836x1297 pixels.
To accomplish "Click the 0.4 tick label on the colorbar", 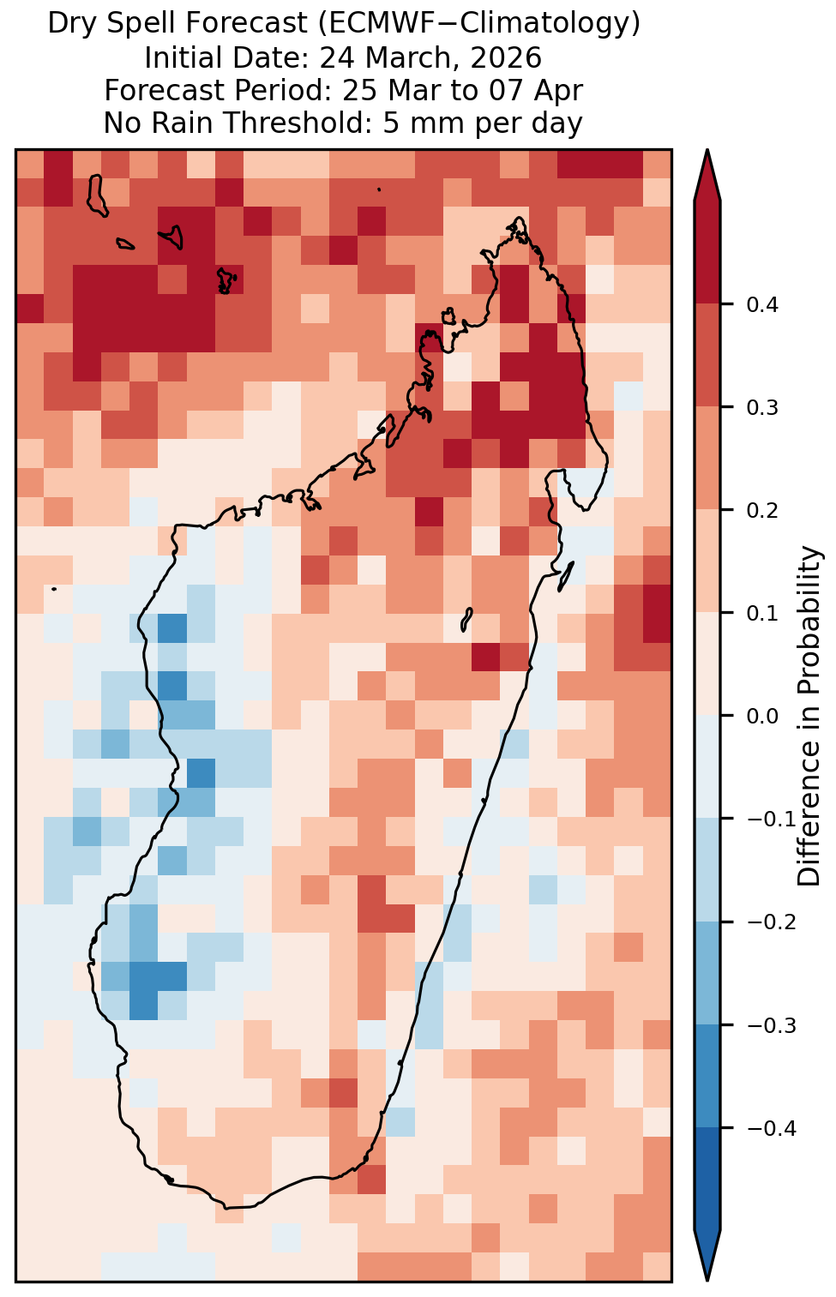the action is [762, 304].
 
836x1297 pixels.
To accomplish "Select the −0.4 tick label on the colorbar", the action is [771, 1128].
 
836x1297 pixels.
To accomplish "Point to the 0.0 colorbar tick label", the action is [762, 717].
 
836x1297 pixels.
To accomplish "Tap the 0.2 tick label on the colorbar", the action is [762, 511].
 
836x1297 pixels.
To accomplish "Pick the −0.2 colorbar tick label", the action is [771, 922].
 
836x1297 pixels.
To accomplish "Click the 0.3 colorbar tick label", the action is [762, 408].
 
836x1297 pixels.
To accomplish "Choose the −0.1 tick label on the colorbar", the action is [771, 820].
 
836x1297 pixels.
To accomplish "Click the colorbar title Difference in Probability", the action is [809, 717].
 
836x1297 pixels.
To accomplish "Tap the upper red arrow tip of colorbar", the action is [707, 151].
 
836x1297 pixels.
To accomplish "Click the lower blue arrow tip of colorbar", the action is [707, 1280].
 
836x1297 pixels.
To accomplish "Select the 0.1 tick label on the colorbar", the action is [762, 614].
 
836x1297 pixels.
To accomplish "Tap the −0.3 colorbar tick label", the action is [771, 1025].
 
